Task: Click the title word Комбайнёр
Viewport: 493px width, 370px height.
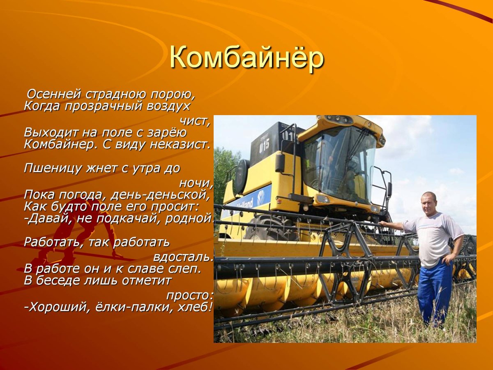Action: point(246,58)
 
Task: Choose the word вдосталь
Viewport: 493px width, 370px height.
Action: point(183,257)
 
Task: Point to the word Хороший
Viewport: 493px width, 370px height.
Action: point(58,307)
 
